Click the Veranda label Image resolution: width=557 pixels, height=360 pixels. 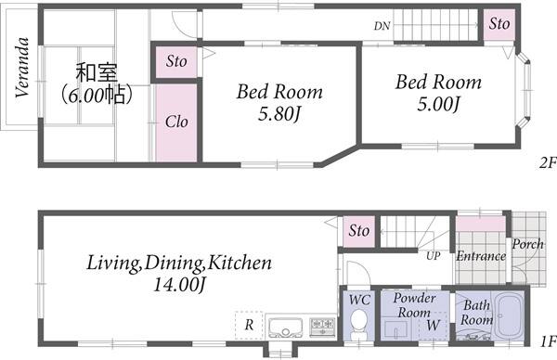click(x=22, y=68)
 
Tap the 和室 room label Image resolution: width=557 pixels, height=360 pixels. click(x=97, y=72)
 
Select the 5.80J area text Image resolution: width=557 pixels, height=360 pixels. click(x=279, y=114)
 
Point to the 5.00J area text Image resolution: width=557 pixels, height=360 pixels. click(x=438, y=104)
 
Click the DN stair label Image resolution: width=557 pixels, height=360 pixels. click(x=382, y=26)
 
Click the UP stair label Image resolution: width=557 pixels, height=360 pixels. click(x=434, y=256)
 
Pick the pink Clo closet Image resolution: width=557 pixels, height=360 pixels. click(x=176, y=122)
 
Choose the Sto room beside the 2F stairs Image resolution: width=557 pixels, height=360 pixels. click(x=499, y=24)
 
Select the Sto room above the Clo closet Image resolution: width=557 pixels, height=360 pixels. click(x=176, y=62)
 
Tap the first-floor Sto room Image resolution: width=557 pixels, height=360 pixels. click(x=358, y=231)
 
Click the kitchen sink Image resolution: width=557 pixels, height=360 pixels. click(x=286, y=328)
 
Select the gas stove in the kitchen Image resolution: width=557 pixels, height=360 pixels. click(x=322, y=327)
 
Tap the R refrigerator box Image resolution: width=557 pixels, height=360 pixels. click(x=249, y=325)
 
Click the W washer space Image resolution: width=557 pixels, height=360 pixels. click(x=433, y=326)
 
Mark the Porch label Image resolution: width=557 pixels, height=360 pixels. click(x=527, y=244)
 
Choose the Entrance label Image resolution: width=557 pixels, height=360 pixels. click(x=481, y=256)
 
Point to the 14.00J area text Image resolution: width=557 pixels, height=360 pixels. click(x=179, y=285)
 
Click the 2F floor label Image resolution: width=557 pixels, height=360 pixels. click(x=548, y=162)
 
